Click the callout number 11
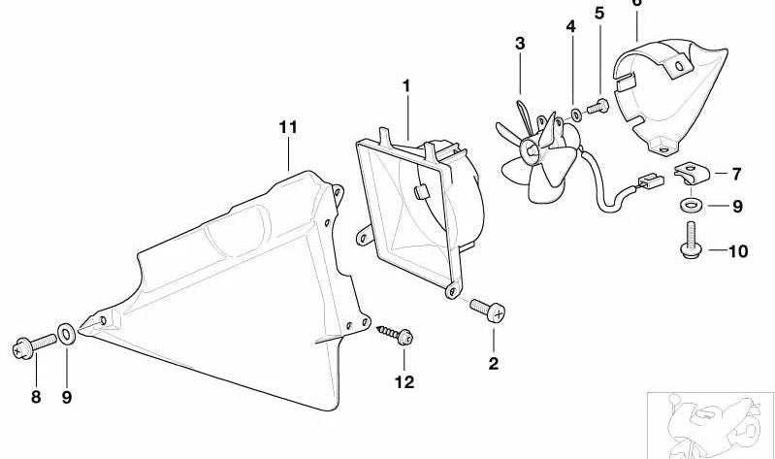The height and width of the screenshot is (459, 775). point(288,128)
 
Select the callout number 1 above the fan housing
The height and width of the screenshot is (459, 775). point(406,86)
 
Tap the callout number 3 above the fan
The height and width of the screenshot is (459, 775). point(520,44)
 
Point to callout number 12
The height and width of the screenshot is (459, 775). point(404,381)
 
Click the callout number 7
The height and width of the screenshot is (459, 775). point(736,174)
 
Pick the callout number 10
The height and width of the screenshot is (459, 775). point(738,251)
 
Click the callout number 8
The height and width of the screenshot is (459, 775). point(36,397)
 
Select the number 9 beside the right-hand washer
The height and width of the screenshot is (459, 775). point(737,207)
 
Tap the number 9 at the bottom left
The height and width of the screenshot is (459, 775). point(67,397)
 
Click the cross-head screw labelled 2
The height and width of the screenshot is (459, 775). point(488,311)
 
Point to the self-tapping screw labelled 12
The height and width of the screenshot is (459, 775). point(396,335)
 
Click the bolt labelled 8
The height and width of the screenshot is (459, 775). point(34,345)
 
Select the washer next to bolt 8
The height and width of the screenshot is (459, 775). point(66,334)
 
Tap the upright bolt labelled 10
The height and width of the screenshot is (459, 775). point(691,239)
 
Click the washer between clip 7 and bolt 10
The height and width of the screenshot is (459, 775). point(691,204)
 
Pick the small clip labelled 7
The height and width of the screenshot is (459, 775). point(692,173)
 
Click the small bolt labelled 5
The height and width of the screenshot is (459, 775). point(598,107)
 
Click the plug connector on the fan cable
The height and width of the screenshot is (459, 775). point(651,180)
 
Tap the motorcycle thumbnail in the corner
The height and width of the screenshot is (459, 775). point(710,426)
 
